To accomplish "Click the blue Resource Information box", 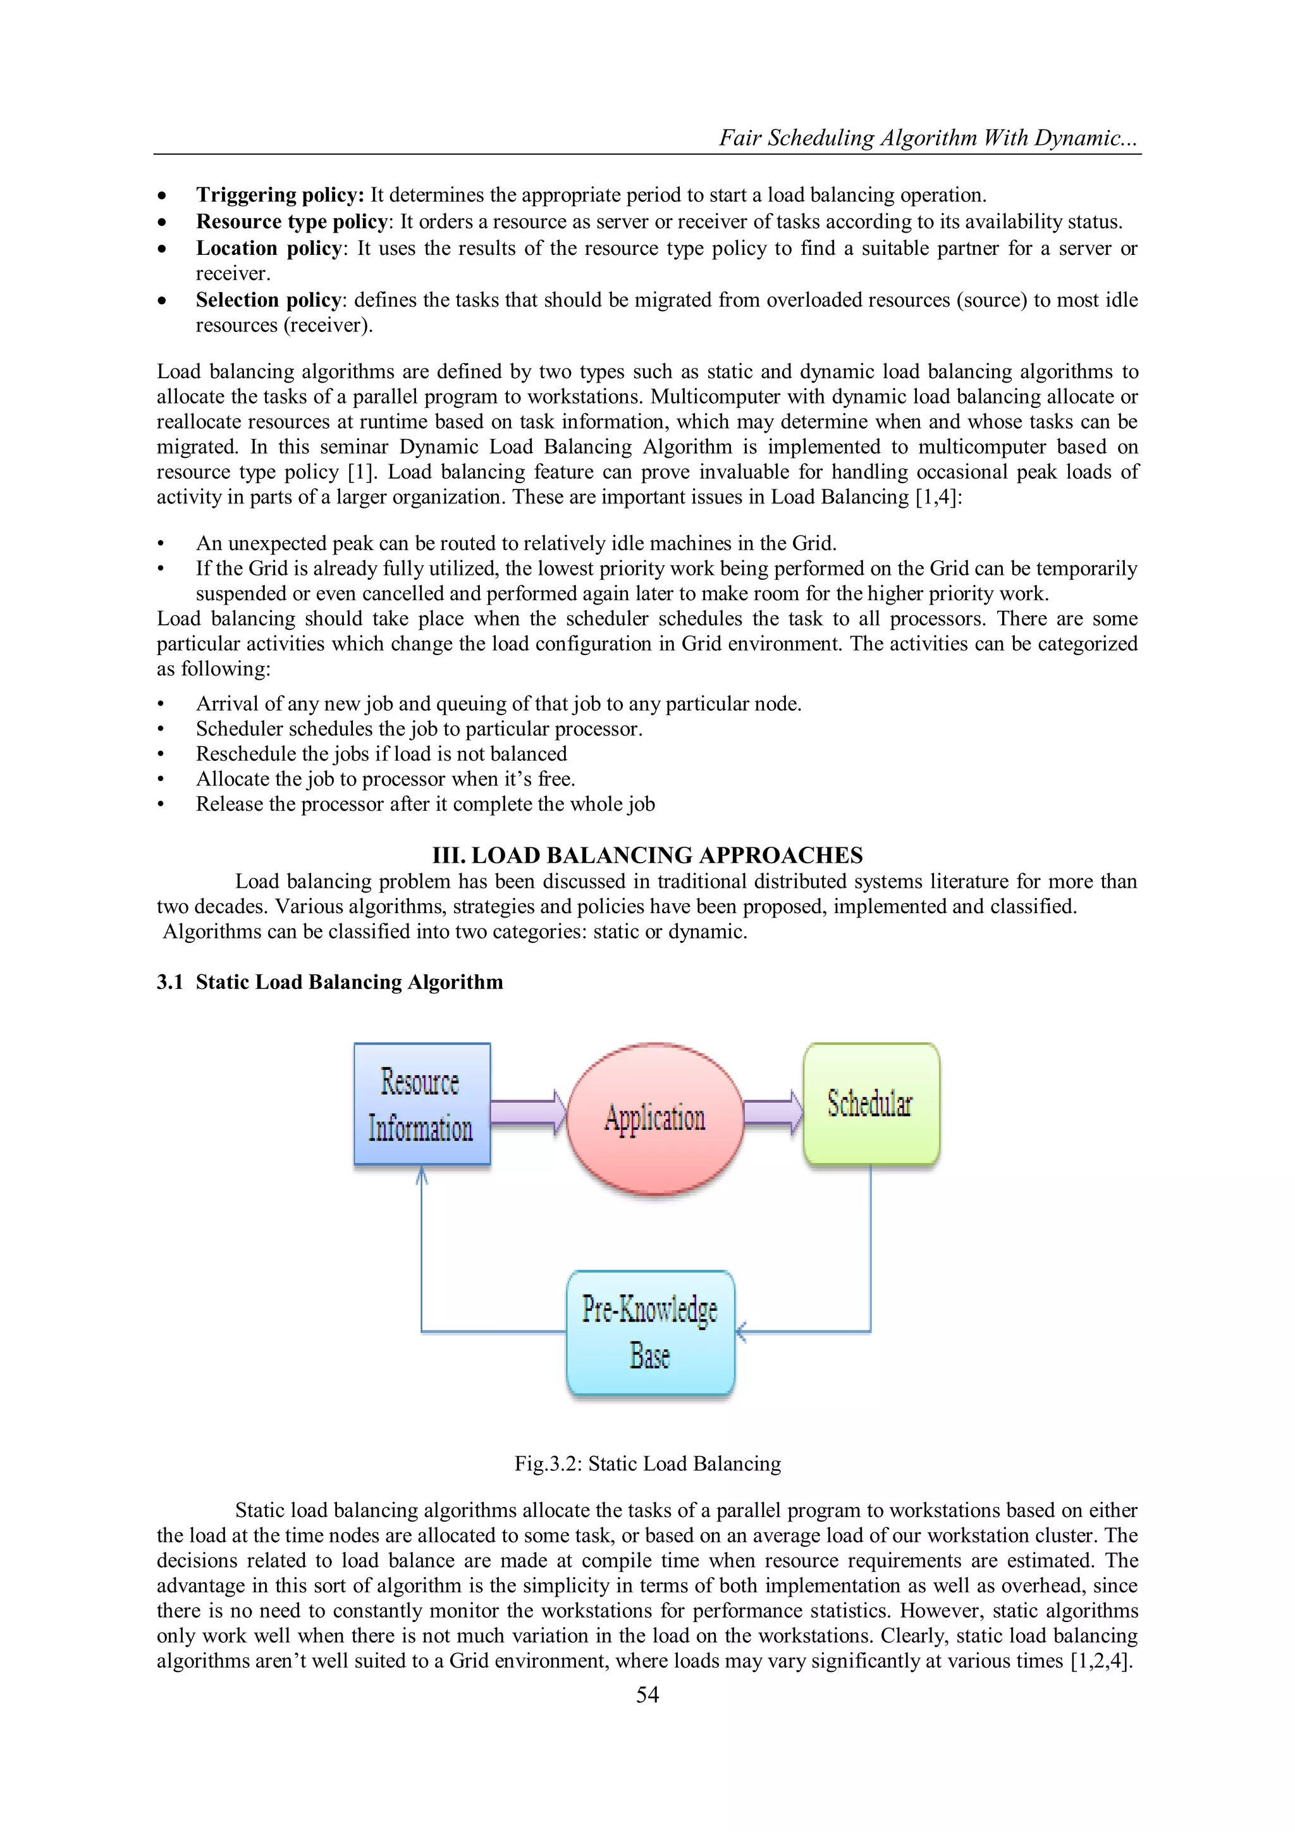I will (x=421, y=1104).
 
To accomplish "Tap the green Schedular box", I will (x=871, y=1104).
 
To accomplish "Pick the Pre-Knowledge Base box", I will (x=649, y=1332).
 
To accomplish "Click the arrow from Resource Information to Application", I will (x=527, y=1112).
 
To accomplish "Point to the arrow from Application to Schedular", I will (x=772, y=1112).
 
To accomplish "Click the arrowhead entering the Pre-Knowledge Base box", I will (x=741, y=1331).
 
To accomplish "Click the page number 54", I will (x=647, y=1694).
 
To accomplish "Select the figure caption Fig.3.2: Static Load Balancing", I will (x=647, y=1463).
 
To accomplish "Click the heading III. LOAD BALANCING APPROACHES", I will (x=647, y=856).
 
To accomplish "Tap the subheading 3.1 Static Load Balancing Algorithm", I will (x=329, y=981).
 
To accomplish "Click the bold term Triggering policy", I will (x=279, y=195).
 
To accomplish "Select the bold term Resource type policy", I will (x=292, y=221).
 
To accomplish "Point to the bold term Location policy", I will (x=269, y=248).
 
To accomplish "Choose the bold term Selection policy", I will (x=269, y=300).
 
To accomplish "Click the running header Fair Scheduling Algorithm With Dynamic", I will (x=928, y=137).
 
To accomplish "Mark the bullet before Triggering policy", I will (x=162, y=196).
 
